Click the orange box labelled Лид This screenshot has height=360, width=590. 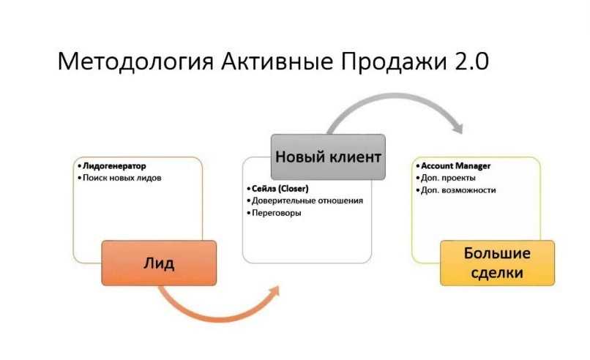pyautogui.click(x=159, y=263)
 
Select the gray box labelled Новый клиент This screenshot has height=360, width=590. pyautogui.click(x=328, y=157)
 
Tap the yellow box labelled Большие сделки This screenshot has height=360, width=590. pyautogui.click(x=497, y=263)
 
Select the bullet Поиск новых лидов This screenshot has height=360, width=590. pyautogui.click(x=122, y=178)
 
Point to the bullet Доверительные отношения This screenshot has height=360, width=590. pyautogui.click(x=307, y=200)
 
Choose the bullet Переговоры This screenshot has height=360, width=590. pyautogui.click(x=275, y=213)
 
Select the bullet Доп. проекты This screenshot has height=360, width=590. pyautogui.click(x=448, y=178)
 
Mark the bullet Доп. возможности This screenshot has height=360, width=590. pyautogui.click(x=458, y=190)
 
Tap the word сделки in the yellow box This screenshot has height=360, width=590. pyautogui.click(x=497, y=273)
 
